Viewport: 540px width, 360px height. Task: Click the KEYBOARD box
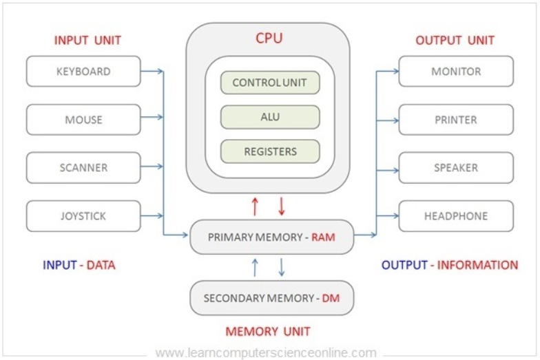pyautogui.click(x=83, y=72)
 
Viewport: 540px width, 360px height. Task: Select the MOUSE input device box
pyautogui.click(x=83, y=120)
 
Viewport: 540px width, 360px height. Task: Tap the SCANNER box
pyautogui.click(x=83, y=168)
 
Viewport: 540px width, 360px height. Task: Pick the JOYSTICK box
pyautogui.click(x=83, y=216)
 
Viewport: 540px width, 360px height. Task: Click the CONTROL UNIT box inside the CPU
pyautogui.click(x=270, y=83)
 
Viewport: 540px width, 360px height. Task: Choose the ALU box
pyautogui.click(x=270, y=117)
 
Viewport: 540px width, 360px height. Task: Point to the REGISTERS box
pyautogui.click(x=270, y=151)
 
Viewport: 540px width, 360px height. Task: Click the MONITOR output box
pyautogui.click(x=456, y=72)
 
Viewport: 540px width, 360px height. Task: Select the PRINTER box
pyautogui.click(x=456, y=120)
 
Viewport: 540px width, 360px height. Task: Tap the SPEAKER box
pyautogui.click(x=456, y=168)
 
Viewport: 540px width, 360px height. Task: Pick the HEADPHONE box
pyautogui.click(x=456, y=216)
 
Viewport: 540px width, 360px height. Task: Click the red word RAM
pyautogui.click(x=323, y=237)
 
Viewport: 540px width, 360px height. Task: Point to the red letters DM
pyautogui.click(x=331, y=298)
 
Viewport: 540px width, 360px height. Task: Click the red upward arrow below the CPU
pyautogui.click(x=255, y=207)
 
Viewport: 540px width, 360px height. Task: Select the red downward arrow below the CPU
pyautogui.click(x=282, y=207)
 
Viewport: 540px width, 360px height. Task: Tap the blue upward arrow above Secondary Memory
pyautogui.click(x=255, y=267)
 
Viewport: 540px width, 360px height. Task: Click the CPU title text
pyautogui.click(x=269, y=38)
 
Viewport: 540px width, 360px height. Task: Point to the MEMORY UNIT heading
pyautogui.click(x=268, y=332)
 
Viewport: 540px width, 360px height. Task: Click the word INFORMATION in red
pyautogui.click(x=478, y=265)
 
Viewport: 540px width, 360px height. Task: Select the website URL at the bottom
pyautogui.click(x=266, y=352)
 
